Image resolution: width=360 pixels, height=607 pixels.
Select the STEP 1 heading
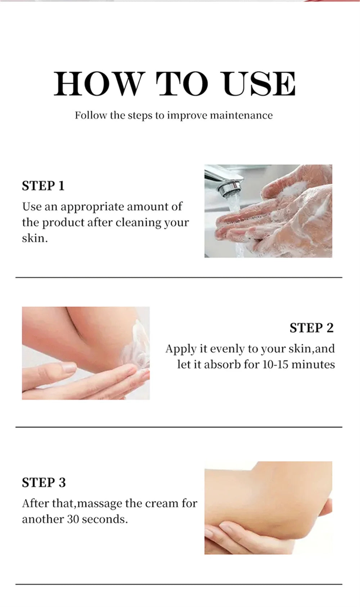(43, 186)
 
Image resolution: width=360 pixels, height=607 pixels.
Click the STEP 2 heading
(311, 328)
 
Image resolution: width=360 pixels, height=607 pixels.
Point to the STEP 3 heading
(44, 483)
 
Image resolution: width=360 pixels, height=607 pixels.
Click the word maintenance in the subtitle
(241, 116)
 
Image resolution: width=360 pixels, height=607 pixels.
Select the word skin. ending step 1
(35, 238)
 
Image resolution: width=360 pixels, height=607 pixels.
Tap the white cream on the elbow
(135, 346)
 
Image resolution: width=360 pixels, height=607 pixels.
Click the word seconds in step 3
(104, 520)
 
